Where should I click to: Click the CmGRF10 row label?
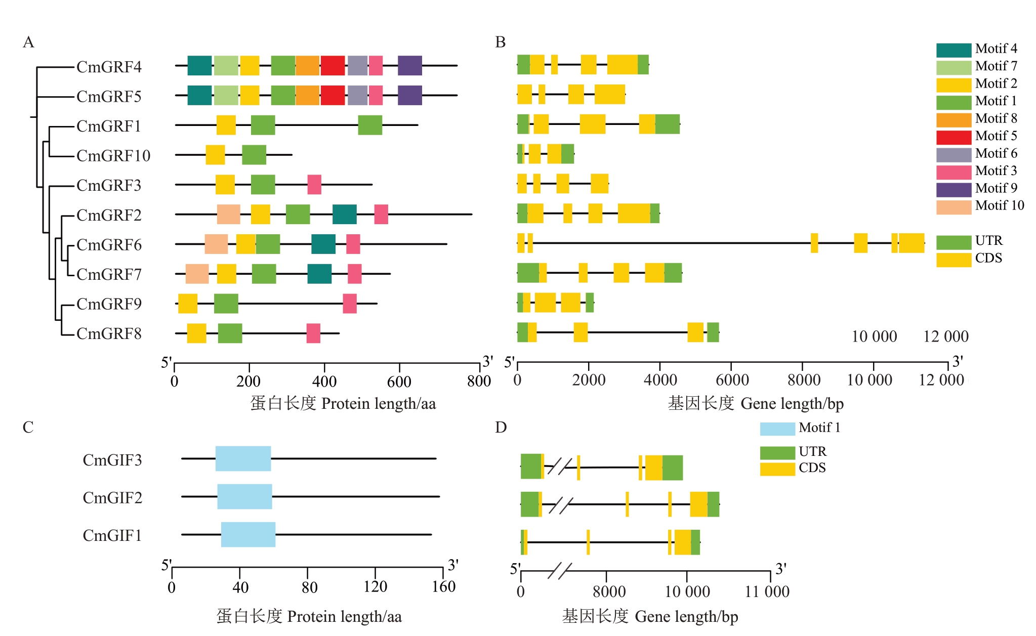(113, 155)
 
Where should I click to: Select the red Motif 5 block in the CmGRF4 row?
(333, 66)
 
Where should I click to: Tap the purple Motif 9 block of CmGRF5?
(409, 95)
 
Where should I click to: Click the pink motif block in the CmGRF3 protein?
(314, 185)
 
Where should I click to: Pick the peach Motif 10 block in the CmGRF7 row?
(197, 274)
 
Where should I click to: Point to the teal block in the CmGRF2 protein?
(344, 214)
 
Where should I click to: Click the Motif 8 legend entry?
(996, 118)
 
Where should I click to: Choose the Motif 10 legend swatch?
(954, 207)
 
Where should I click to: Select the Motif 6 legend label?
(996, 153)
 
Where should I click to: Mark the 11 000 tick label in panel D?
(767, 591)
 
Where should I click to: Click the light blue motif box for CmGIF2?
(244, 496)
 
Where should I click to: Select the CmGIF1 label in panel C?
(112, 535)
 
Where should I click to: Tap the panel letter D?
(501, 428)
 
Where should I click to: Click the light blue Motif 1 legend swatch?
(777, 429)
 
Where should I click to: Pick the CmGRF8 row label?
(109, 333)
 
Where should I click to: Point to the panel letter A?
(28, 42)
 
